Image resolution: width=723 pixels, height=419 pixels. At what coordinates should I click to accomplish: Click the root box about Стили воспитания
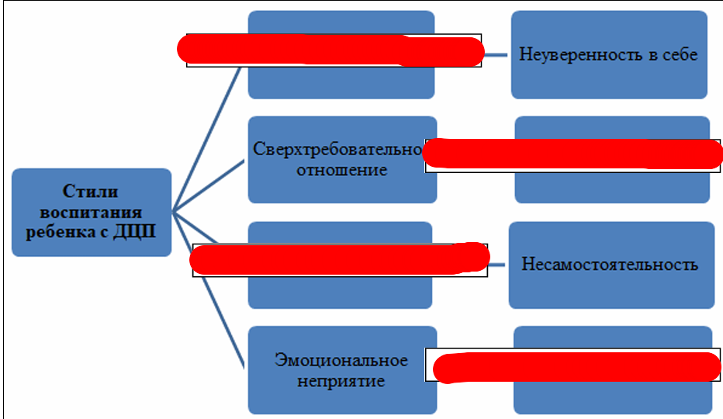92,212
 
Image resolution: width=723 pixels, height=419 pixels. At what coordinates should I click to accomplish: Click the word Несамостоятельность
610,265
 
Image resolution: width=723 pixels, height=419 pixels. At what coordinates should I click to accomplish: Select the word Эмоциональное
341,360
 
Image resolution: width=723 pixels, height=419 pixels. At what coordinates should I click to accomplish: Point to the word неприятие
341,381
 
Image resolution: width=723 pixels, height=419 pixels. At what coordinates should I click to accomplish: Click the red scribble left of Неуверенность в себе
330,50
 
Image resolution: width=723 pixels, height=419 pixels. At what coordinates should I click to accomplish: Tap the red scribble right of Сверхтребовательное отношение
573,154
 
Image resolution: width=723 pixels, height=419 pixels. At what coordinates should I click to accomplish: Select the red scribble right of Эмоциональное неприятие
576,365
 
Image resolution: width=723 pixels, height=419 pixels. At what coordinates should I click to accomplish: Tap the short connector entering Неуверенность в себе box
497,54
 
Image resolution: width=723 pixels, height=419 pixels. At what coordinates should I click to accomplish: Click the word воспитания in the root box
92,211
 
